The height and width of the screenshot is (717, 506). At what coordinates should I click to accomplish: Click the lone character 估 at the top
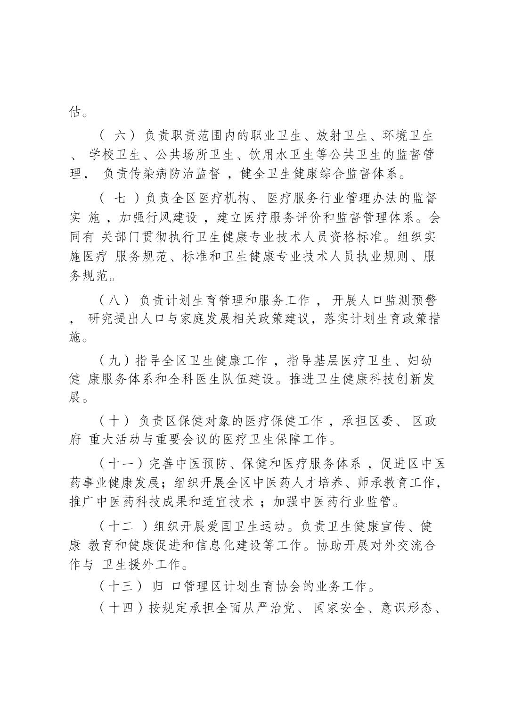coord(75,112)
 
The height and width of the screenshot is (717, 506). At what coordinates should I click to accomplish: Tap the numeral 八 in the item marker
coord(118,300)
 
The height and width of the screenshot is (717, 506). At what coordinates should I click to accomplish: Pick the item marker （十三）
coord(121,587)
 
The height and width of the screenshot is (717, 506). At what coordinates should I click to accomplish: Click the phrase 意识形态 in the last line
coord(406,608)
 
